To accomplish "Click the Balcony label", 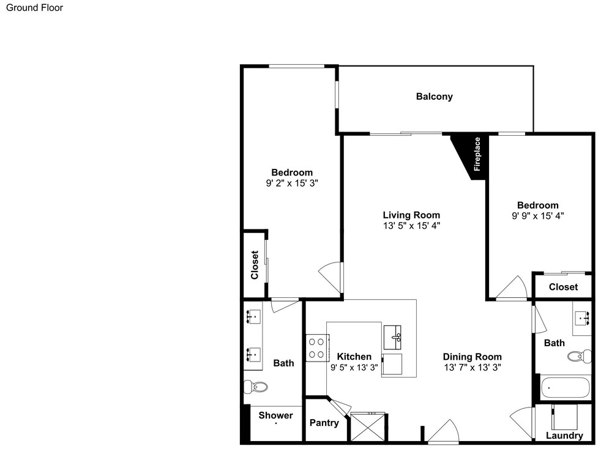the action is click(x=434, y=97).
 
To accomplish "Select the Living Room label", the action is click(x=411, y=215).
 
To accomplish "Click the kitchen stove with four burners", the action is click(x=316, y=348).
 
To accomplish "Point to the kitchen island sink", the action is click(x=392, y=337).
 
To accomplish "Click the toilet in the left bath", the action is click(x=256, y=387).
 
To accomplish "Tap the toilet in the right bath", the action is click(x=579, y=356).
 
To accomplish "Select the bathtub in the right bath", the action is click(x=565, y=387).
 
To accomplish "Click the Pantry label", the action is click(x=324, y=423).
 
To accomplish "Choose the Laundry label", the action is click(x=564, y=436).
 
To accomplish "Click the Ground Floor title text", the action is click(x=34, y=8).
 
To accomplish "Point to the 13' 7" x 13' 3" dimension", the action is click(x=472, y=367).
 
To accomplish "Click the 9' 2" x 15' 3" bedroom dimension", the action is click(x=292, y=183).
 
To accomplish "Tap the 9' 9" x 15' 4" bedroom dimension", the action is click(x=538, y=216).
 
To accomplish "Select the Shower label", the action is click(x=275, y=415).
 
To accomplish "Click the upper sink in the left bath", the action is click(x=254, y=316).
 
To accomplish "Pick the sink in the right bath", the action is click(x=583, y=318).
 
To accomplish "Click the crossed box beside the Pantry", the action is click(x=368, y=428).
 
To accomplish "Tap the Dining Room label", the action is click(x=472, y=357).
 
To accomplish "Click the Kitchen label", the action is click(x=354, y=357).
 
